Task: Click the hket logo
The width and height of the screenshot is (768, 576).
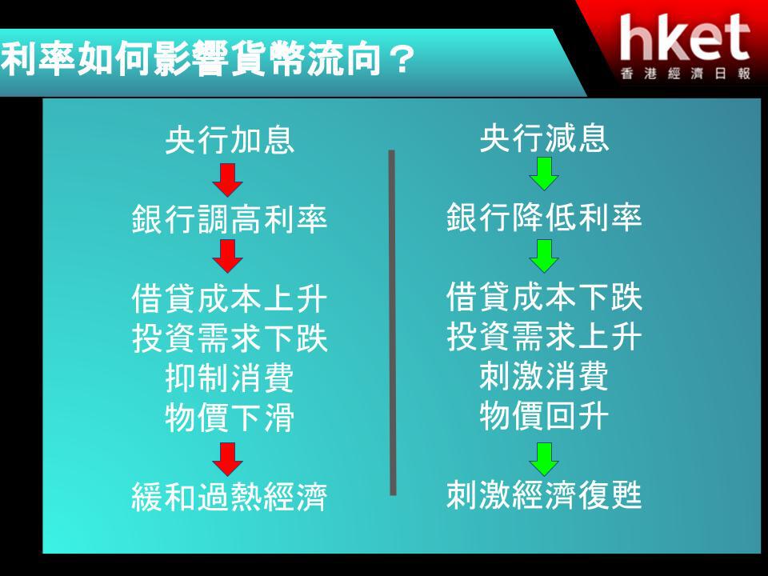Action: pos(685,46)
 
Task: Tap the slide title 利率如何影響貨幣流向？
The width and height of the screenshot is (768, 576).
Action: pos(208,58)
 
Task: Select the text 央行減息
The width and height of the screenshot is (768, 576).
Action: pos(544,138)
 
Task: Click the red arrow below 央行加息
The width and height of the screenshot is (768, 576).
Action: pos(228,180)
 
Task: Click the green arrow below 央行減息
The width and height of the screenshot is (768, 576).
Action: pos(544,174)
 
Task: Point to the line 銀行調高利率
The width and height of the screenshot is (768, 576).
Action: pos(230,219)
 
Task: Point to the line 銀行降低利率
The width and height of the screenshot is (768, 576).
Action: pos(544,217)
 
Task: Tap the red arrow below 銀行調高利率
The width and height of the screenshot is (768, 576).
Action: pos(228,256)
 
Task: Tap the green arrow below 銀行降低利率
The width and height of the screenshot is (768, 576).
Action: pos(544,256)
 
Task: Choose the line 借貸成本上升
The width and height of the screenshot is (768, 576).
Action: pos(230,298)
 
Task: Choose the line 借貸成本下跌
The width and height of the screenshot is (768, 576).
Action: pos(544,296)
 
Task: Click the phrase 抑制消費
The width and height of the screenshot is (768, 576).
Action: pos(230,378)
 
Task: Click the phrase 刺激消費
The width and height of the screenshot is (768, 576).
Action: pos(544,376)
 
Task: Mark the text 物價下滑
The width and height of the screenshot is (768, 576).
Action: pos(230,418)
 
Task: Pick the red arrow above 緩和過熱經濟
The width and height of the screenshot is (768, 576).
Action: pos(228,459)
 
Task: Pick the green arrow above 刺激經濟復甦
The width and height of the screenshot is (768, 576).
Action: pos(544,459)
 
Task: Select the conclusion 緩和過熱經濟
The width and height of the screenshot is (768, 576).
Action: pos(230,497)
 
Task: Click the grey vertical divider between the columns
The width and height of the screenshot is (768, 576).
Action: pos(392,322)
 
